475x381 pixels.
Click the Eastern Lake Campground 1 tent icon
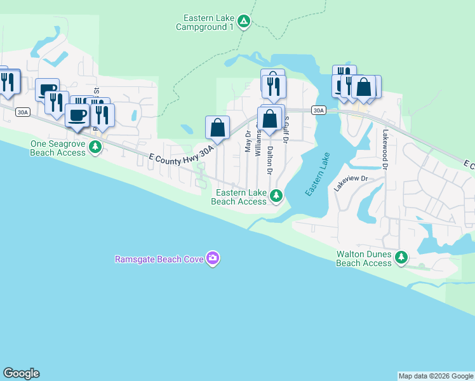(x=244, y=22)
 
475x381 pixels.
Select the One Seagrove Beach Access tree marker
(x=95, y=147)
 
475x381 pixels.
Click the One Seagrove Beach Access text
(x=58, y=148)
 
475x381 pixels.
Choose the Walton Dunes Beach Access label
(x=364, y=258)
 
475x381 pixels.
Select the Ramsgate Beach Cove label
(x=159, y=259)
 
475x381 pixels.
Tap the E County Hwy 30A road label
(x=180, y=154)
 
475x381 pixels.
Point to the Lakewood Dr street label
(x=385, y=150)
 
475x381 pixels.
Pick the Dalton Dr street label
(x=270, y=161)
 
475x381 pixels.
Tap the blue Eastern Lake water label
(x=318, y=175)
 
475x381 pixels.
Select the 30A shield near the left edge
(x=22, y=112)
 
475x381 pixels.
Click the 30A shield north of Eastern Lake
(x=319, y=110)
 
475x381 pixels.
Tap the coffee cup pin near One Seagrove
(x=77, y=116)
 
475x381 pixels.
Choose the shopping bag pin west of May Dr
(x=217, y=128)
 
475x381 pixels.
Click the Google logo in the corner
(x=21, y=373)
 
